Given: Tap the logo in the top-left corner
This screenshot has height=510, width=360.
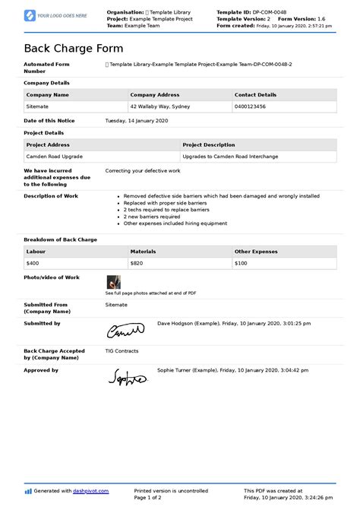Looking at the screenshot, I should tap(56, 15).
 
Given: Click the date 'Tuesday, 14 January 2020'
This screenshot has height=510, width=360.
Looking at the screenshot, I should tap(137, 121).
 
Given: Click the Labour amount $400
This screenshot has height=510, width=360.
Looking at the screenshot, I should tap(33, 263).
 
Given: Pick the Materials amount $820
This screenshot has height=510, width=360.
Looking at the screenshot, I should tap(137, 263).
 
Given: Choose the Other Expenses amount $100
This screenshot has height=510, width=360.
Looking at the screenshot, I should tap(241, 263).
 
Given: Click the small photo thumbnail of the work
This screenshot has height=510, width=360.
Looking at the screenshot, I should tap(113, 281).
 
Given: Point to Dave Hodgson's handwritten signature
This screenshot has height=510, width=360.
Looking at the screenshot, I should tap(125, 330).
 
